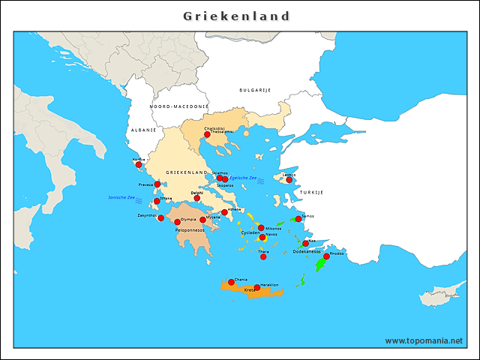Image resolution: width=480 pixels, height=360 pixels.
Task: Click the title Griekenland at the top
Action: [237, 16]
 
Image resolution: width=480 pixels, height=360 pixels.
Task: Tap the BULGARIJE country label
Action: [255, 90]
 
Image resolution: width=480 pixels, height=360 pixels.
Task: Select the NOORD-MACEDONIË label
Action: [178, 107]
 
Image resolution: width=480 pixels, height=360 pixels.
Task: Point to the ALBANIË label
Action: [143, 130]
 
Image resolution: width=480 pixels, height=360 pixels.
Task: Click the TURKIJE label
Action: [311, 193]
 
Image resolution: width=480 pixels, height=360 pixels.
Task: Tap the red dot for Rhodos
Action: [326, 256]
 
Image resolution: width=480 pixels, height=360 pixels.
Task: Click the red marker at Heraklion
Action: [257, 287]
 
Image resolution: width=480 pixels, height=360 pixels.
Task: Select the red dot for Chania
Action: [231, 282]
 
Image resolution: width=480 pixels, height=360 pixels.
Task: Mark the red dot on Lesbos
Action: [289, 179]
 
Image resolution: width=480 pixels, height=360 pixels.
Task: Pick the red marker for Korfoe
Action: [139, 164]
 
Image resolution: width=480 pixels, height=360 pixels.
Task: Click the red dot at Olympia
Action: [178, 222]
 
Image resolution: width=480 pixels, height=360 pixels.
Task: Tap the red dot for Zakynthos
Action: [160, 218]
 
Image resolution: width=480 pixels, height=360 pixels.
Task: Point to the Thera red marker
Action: [263, 256]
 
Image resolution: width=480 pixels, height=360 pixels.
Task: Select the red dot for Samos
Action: [298, 219]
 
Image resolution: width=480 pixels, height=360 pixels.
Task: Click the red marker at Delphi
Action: [197, 198]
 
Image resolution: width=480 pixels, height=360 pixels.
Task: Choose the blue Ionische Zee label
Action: [121, 197]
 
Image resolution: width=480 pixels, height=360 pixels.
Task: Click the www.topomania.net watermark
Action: [424, 340]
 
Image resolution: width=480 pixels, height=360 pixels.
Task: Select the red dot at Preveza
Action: [157, 184]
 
